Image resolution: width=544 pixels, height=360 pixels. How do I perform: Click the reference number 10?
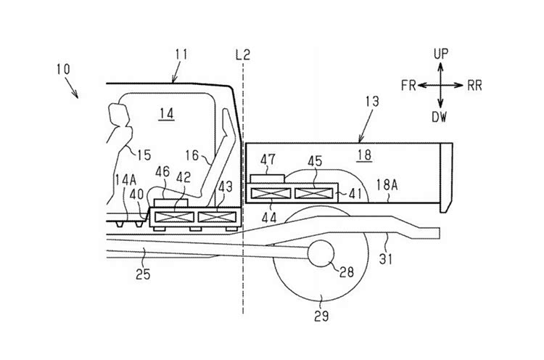click(64, 69)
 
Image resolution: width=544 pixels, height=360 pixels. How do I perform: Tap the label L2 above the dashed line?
click(242, 54)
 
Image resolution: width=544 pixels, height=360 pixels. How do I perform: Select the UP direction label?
click(441, 54)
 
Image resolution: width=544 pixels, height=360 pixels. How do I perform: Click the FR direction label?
click(408, 85)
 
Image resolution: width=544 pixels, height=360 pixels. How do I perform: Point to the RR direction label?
click(474, 86)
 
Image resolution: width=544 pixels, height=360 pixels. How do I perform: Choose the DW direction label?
click(440, 117)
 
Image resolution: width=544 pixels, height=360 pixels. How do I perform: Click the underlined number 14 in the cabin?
click(167, 113)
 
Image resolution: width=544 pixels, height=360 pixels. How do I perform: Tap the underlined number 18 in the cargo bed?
click(365, 155)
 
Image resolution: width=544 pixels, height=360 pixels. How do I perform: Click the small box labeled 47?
click(267, 179)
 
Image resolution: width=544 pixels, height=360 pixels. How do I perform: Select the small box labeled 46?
click(170, 202)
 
